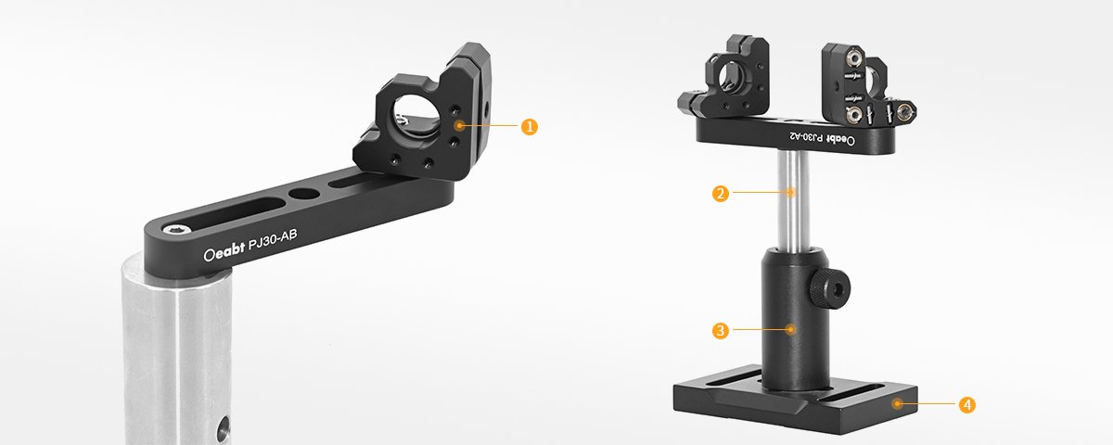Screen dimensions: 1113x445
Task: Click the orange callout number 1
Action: [x=530, y=127]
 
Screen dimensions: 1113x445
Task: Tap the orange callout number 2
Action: [x=721, y=193]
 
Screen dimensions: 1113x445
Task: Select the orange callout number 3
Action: [x=721, y=330]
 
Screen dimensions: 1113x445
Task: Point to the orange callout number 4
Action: [x=966, y=405]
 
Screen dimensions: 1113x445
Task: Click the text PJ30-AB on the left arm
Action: [x=273, y=241]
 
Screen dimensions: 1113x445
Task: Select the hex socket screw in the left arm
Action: [x=177, y=230]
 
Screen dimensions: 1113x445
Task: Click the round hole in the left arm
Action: [x=303, y=194]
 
